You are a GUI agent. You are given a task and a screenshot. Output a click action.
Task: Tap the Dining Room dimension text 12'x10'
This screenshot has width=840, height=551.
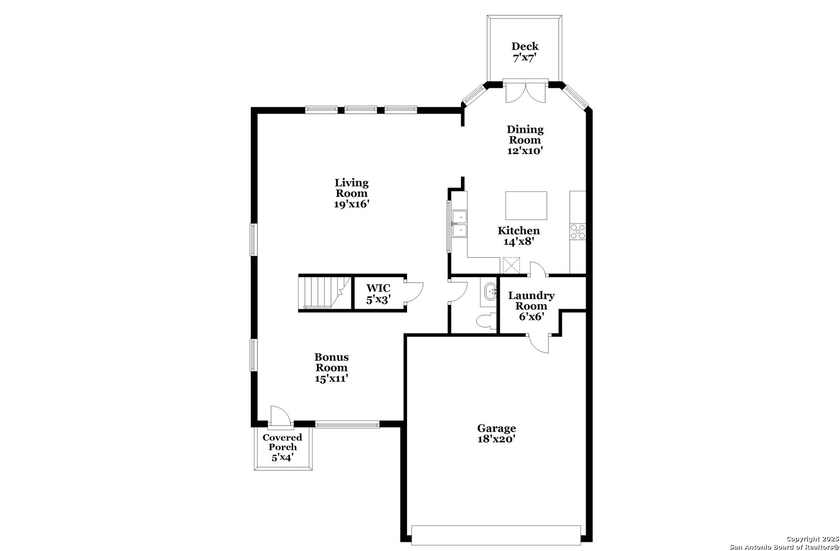point(525,151)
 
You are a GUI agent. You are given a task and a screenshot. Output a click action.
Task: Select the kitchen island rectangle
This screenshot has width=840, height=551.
point(526,205)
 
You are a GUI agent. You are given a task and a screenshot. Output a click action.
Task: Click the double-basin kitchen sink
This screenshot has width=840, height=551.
point(460,224)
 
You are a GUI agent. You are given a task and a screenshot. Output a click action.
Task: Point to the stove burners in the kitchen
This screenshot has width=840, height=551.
point(578,231)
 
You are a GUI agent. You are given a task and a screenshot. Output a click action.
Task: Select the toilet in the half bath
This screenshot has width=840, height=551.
point(485,321)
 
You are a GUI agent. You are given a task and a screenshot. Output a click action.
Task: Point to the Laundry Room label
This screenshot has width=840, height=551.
point(531,301)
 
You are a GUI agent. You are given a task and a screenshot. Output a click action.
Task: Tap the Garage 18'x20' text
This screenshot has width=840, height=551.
point(496,434)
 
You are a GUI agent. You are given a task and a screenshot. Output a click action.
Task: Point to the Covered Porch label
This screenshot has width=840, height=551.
point(282,442)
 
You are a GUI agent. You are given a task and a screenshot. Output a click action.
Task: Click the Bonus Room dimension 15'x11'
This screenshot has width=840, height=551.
point(331,379)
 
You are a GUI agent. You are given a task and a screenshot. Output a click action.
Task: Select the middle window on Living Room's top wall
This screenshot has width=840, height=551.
point(361,109)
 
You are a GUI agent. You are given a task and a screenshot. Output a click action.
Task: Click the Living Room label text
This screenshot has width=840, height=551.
point(351,188)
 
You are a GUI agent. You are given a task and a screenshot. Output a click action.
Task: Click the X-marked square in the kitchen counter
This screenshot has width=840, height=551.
point(511,265)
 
